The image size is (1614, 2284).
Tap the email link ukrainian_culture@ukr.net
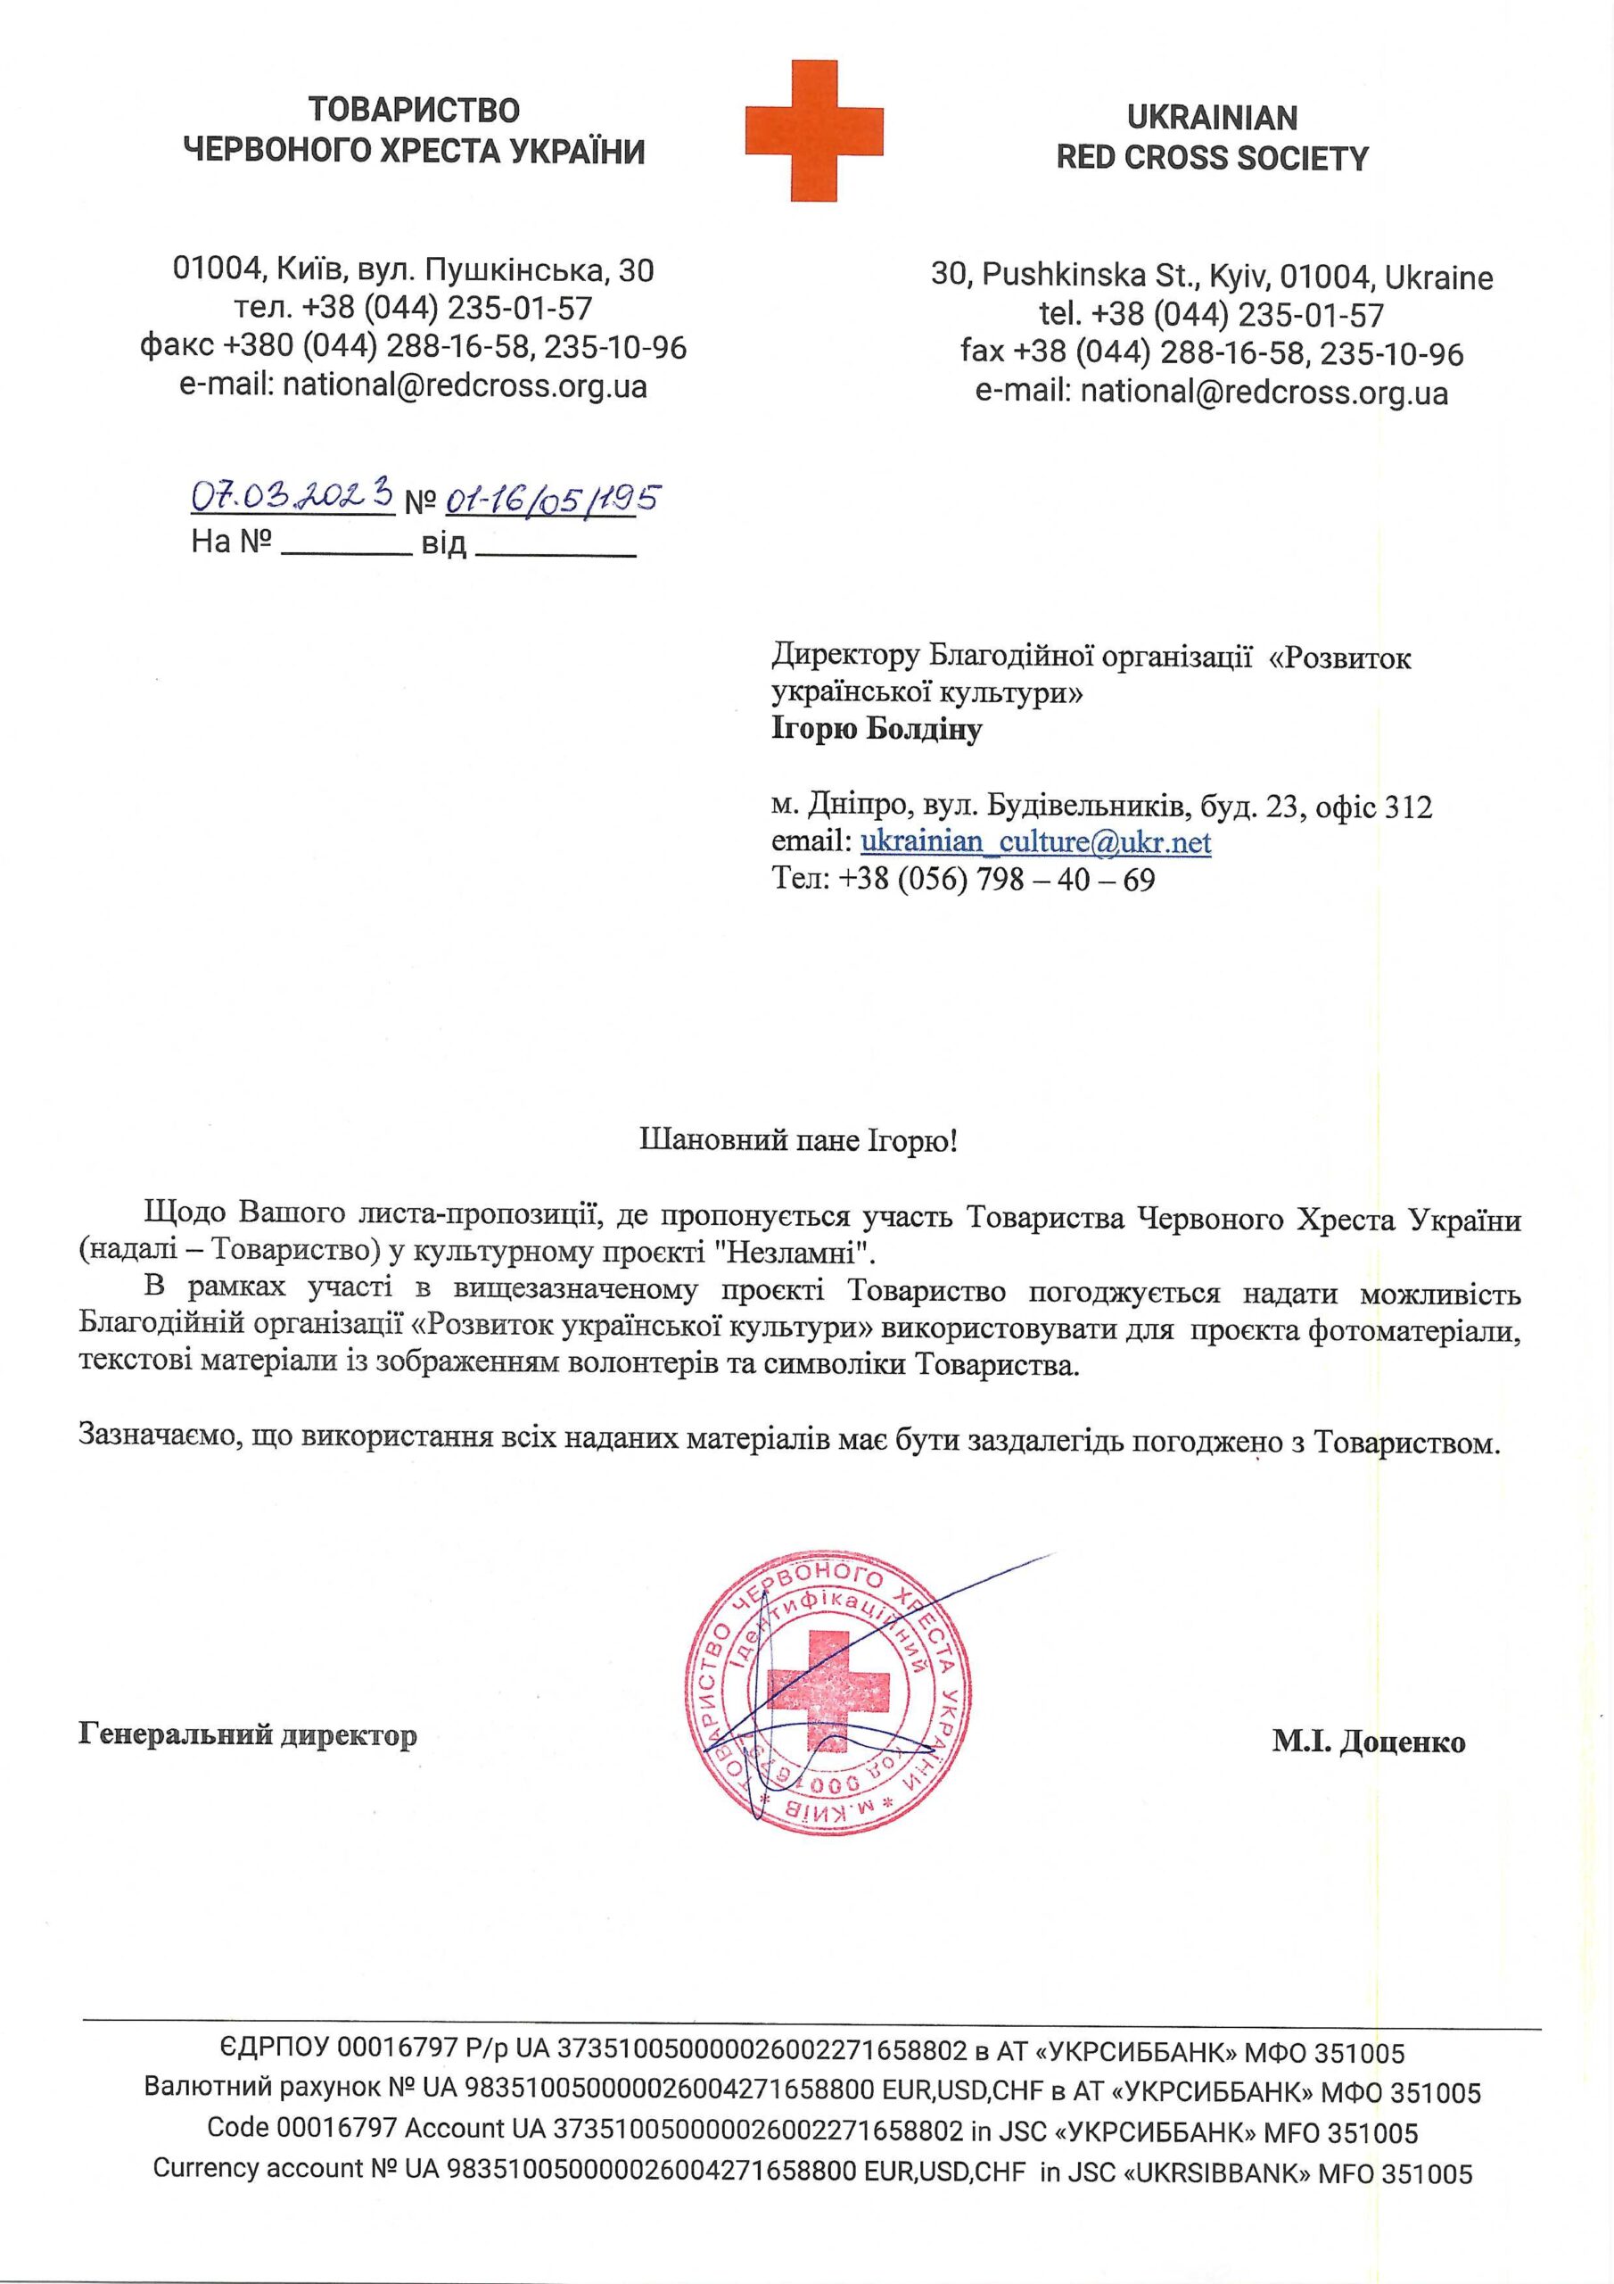(x=1035, y=842)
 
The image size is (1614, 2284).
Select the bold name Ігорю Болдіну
(x=877, y=729)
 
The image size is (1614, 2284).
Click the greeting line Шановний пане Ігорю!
(x=796, y=1140)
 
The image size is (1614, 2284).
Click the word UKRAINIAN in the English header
(x=1211, y=119)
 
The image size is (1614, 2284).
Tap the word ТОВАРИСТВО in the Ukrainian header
(x=414, y=110)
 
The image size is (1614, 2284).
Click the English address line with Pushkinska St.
(x=1211, y=276)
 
